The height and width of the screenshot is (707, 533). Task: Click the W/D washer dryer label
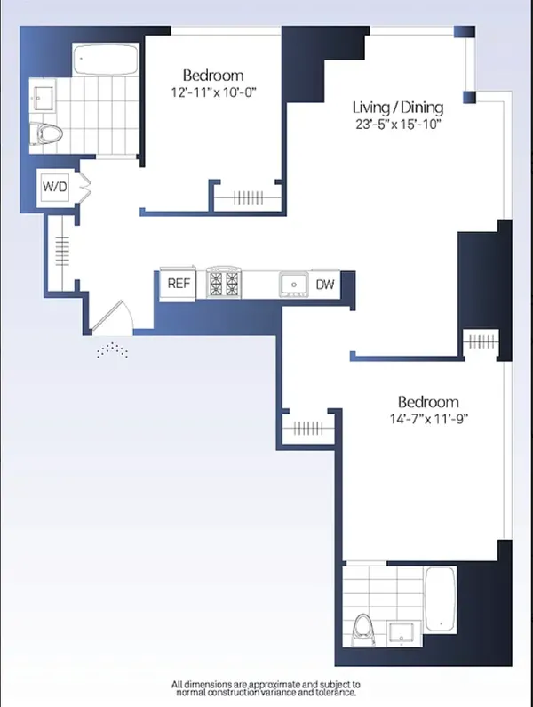tap(54, 188)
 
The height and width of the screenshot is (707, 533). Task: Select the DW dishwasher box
tap(324, 285)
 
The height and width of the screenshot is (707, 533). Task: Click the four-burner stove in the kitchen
tap(223, 284)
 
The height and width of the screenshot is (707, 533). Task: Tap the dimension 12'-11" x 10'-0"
tap(213, 92)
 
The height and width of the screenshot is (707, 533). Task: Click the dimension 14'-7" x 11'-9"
tap(428, 419)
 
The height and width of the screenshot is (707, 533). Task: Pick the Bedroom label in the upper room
tap(213, 76)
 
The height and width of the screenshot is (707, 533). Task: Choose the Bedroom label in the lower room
tap(428, 401)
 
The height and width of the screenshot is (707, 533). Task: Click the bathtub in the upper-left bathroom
tap(105, 61)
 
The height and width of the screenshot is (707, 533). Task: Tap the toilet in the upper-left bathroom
tap(50, 133)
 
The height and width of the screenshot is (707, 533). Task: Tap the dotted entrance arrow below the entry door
tap(112, 351)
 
